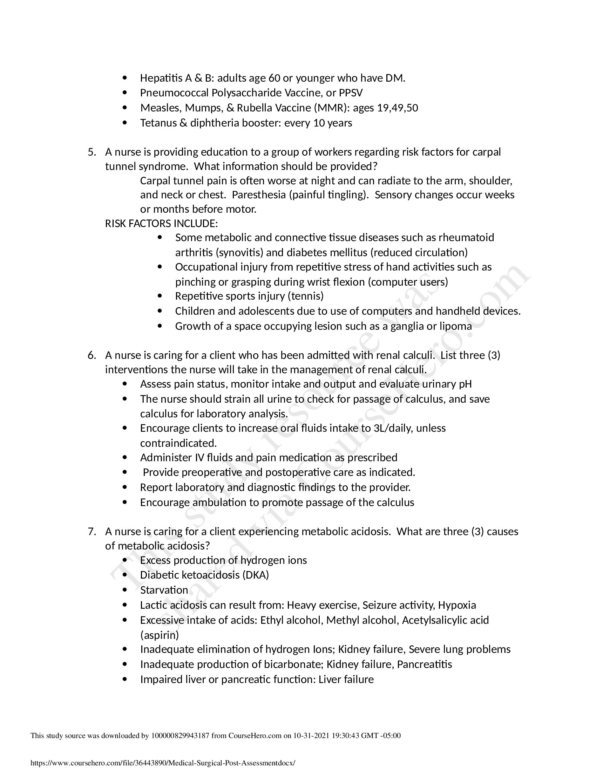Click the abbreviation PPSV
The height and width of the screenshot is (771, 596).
(351, 93)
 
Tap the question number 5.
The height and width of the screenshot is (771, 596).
(92, 152)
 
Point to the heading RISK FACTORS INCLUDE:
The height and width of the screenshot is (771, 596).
(161, 224)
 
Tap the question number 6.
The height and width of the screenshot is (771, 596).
(92, 355)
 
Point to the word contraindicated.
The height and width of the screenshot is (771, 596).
(178, 443)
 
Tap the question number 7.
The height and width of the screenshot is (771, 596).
(92, 532)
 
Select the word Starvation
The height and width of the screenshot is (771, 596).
(164, 590)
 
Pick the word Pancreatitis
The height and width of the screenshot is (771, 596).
(425, 664)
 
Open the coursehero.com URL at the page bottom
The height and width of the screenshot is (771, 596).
(163, 763)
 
